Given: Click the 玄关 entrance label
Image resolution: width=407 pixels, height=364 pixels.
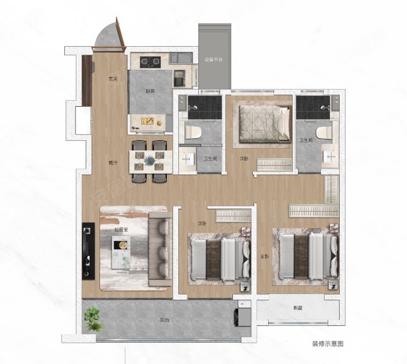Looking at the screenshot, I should coord(112,78).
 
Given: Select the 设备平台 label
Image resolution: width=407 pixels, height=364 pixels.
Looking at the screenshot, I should coord(214,60).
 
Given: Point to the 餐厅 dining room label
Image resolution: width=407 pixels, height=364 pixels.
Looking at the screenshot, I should coord(112,163).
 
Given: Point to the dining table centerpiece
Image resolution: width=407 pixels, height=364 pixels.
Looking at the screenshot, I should coord(150,161).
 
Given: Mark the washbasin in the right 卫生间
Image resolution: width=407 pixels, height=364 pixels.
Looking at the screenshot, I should coord(331,157).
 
